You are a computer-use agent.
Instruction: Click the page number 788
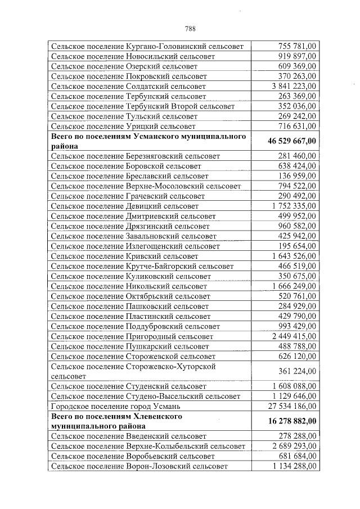click(x=190, y=29)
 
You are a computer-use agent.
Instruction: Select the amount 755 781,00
click(x=297, y=46)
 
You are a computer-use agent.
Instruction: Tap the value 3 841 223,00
click(x=293, y=87)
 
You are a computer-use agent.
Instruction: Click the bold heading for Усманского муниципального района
click(x=148, y=141)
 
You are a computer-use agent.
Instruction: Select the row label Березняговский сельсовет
click(x=135, y=156)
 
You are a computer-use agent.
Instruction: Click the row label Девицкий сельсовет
click(x=124, y=206)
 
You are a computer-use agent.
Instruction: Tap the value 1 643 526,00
click(x=293, y=256)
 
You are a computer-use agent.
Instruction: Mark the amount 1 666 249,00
click(x=293, y=286)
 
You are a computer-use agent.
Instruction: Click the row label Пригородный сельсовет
click(x=132, y=336)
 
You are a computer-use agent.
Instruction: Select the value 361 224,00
click(x=297, y=371)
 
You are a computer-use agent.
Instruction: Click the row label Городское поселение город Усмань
click(x=123, y=406)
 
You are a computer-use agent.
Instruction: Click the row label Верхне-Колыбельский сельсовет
click(x=148, y=446)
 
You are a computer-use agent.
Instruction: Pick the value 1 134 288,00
click(x=293, y=466)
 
